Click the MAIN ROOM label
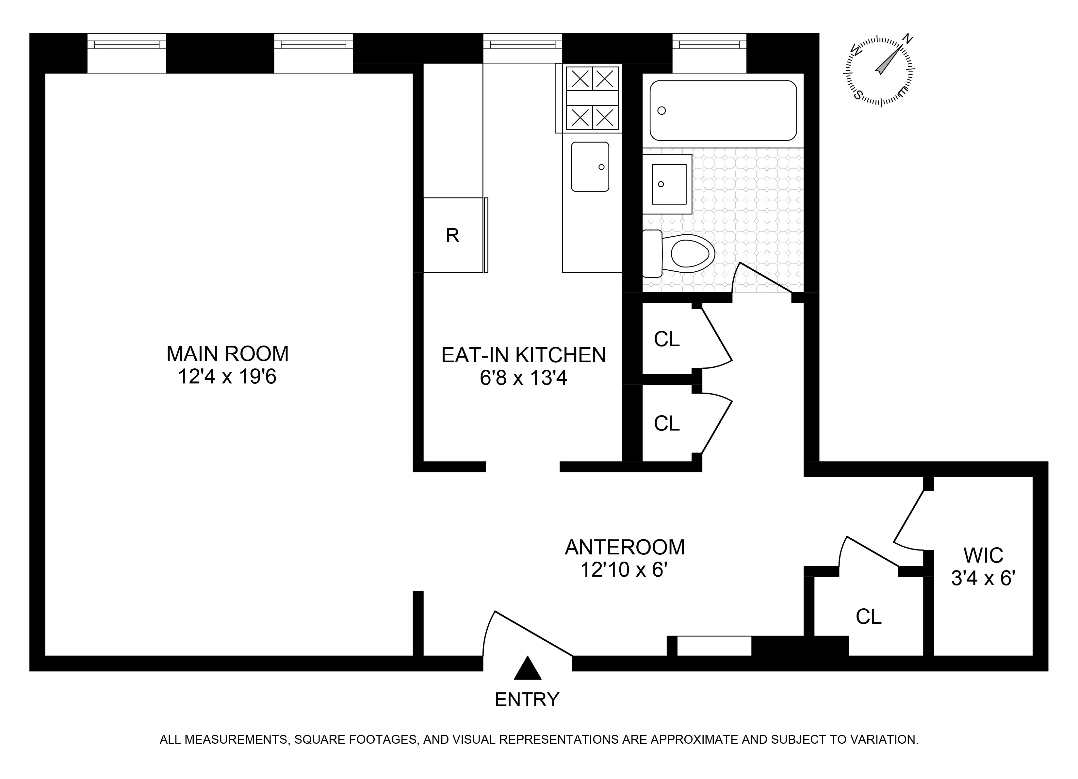[227, 354]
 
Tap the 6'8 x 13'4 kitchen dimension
[523, 379]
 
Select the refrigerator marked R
[452, 235]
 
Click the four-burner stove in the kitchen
[592, 98]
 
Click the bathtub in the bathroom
[723, 110]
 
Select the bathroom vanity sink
[669, 184]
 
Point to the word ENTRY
[527, 700]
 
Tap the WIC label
[983, 555]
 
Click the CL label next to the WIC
[868, 617]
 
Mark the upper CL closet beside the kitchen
[666, 339]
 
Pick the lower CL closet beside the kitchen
[666, 423]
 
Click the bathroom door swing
[763, 278]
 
